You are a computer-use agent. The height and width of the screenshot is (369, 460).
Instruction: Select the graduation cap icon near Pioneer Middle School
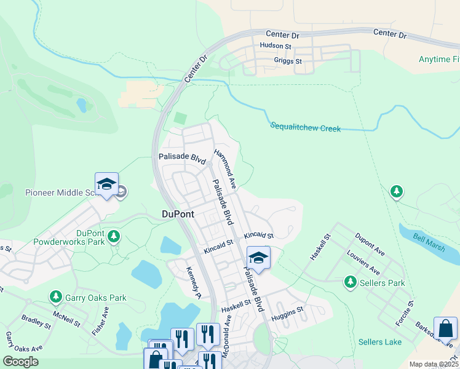[106, 184]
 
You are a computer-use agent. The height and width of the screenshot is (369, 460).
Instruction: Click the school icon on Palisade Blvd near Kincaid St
[259, 257]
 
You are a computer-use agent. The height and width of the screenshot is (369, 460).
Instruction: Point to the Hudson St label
[275, 46]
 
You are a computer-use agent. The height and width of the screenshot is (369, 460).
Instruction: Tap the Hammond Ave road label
[225, 167]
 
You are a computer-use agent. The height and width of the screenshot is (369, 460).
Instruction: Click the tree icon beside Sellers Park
[350, 282]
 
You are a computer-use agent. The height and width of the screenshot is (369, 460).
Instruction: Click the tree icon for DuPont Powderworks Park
[113, 236]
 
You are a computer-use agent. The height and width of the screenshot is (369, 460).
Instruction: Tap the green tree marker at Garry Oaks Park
[55, 298]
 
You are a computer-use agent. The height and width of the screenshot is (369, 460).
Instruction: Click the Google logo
[20, 362]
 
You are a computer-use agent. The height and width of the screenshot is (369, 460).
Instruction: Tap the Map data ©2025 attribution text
[434, 364]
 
